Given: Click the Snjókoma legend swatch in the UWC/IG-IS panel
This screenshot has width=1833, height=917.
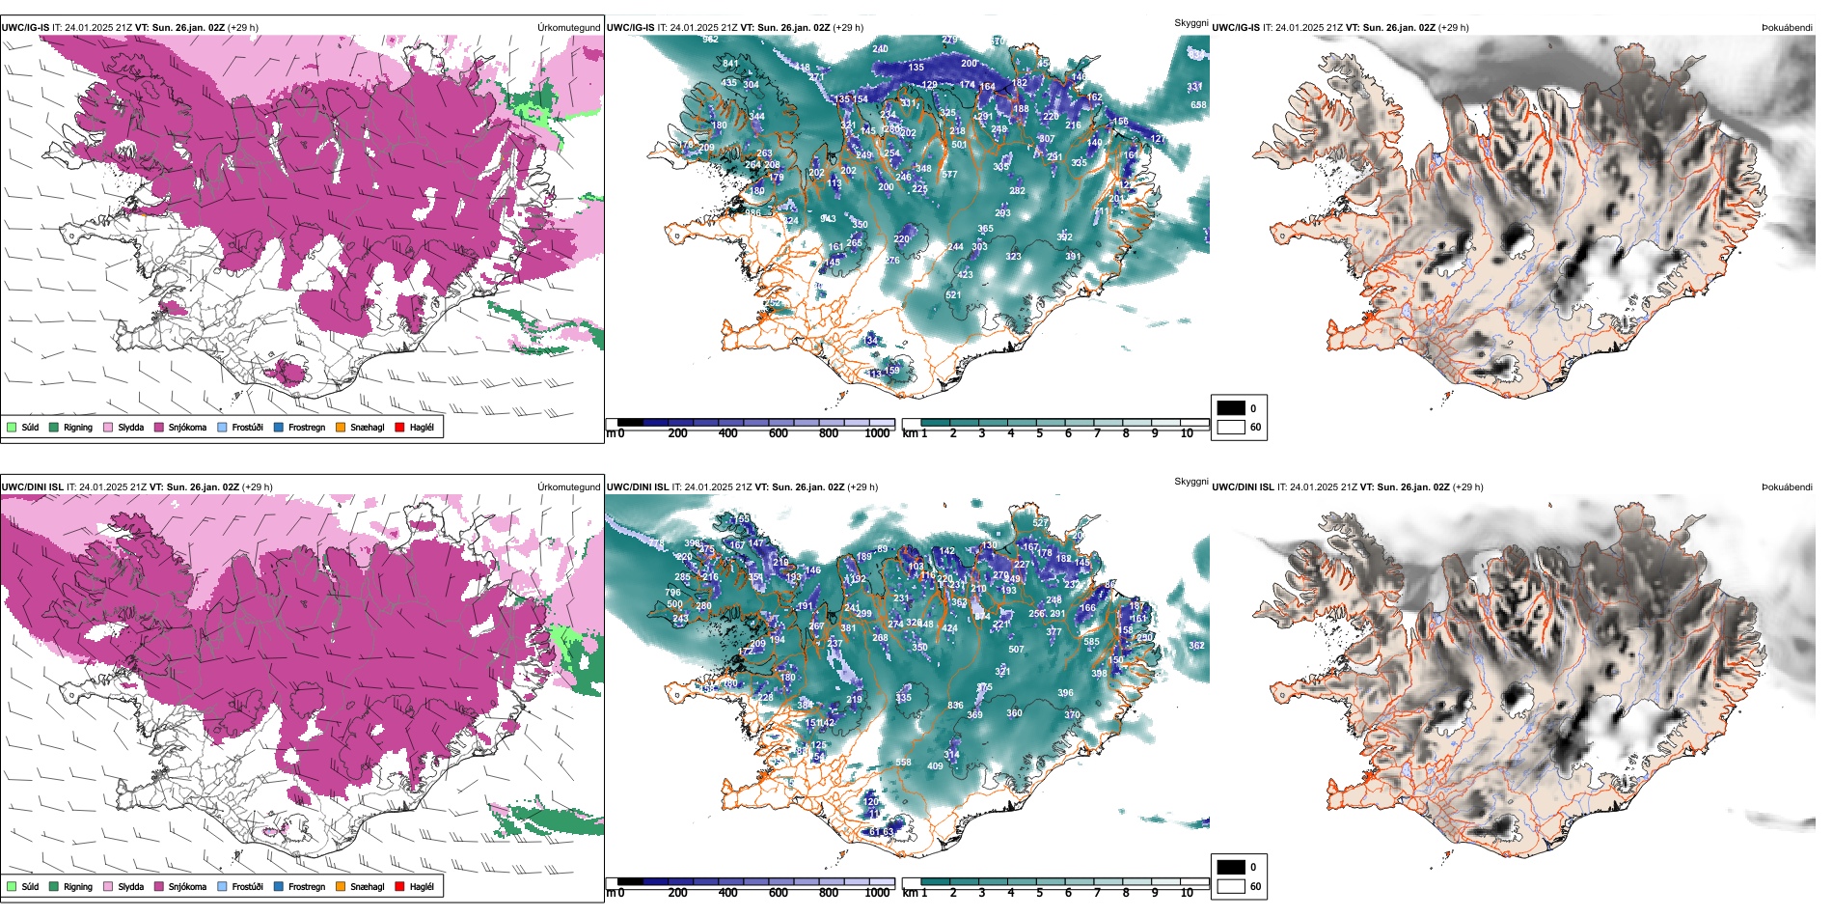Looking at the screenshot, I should tap(159, 427).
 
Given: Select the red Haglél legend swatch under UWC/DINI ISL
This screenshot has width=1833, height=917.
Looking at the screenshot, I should tap(400, 886).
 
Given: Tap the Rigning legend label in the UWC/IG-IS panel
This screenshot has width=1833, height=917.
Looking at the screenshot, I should tap(78, 427).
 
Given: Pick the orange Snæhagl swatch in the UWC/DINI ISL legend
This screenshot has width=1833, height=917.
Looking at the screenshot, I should tap(341, 886).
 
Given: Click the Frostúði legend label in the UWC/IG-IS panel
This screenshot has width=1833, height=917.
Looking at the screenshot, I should tap(247, 427).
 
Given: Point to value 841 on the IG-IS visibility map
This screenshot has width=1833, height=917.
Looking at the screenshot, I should tap(730, 64).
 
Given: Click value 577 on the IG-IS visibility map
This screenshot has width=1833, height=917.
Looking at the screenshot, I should tap(949, 175).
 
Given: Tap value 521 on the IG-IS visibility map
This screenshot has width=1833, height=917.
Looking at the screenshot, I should tap(953, 295).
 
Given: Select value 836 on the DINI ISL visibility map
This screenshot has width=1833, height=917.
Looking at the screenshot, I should tap(955, 706).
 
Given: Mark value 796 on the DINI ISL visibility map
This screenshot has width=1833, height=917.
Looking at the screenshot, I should tap(673, 593).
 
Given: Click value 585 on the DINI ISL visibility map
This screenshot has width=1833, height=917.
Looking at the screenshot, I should tap(1091, 642).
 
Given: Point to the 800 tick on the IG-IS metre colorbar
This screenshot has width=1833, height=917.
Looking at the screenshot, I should tap(828, 433).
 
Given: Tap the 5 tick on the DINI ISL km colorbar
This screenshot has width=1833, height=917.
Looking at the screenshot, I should tap(1039, 893).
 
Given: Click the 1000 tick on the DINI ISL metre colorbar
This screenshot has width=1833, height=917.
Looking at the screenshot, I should tap(877, 893).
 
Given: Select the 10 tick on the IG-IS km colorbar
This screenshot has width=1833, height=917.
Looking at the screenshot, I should tap(1187, 433).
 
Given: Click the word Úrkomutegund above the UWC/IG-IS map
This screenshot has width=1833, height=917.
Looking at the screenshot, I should tap(568, 28).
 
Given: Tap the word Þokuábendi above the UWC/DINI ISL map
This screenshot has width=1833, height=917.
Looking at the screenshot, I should tap(1787, 487).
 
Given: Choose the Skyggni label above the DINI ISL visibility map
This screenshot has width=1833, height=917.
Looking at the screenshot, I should tap(1190, 481).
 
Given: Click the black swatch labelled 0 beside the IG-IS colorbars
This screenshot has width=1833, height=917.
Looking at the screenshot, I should tap(1231, 408).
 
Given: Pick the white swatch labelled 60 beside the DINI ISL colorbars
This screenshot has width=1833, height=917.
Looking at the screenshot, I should tap(1231, 886).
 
